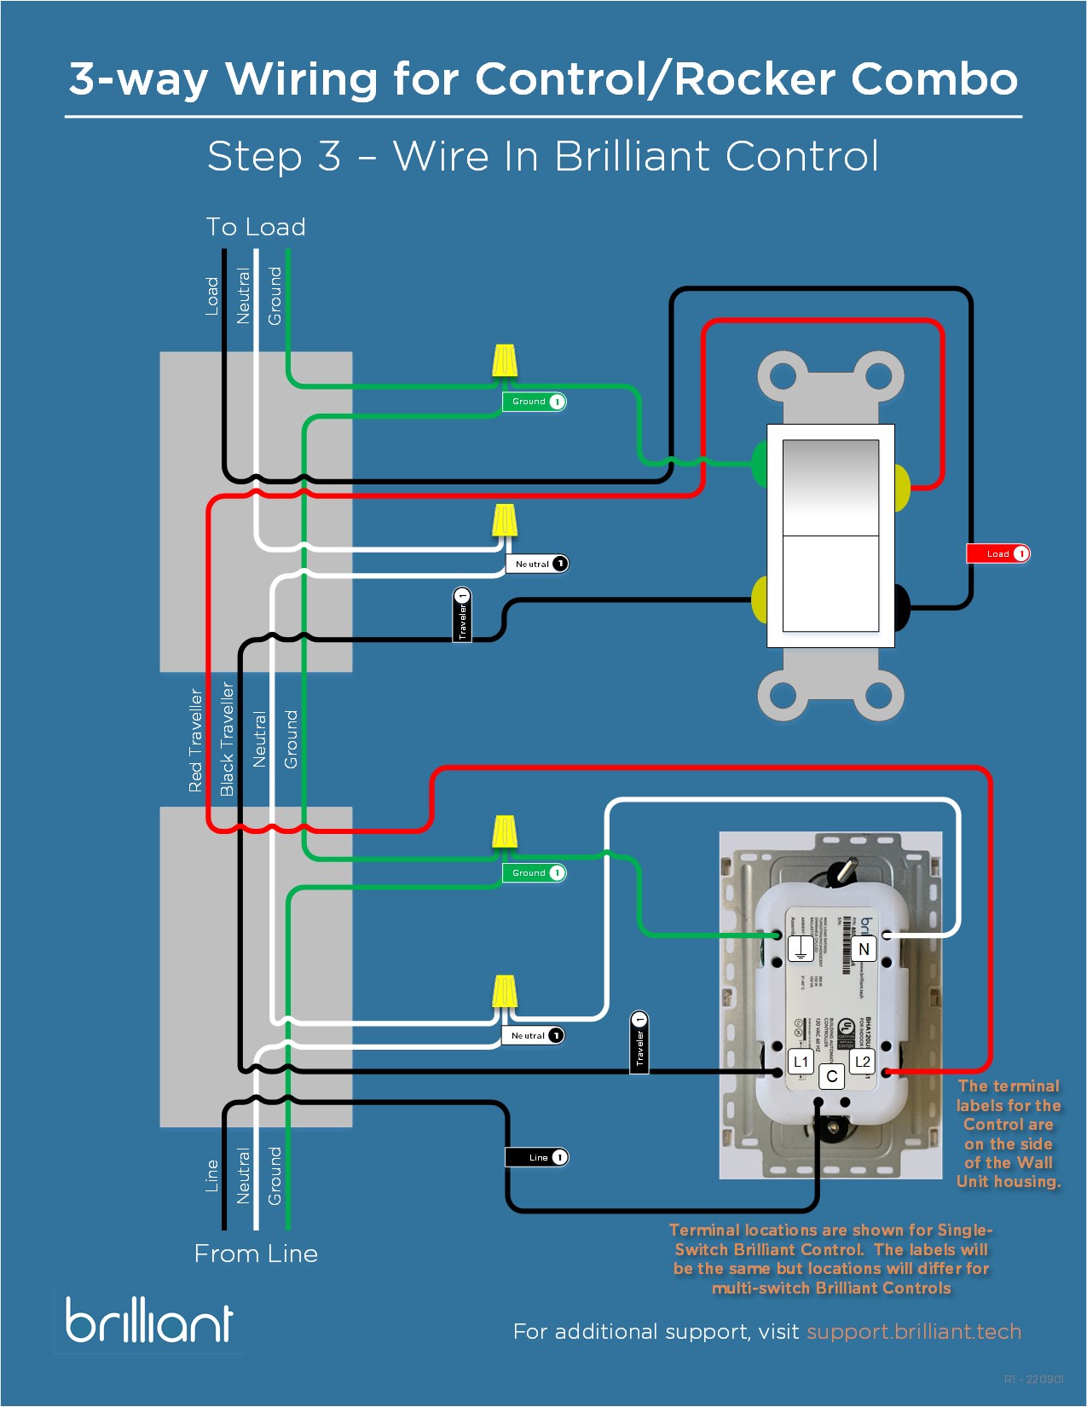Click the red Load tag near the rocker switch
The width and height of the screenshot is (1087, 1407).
997,553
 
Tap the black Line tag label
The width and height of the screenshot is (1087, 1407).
536,1157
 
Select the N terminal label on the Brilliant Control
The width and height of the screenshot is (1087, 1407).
864,949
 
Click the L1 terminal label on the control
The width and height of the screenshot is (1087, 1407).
801,1062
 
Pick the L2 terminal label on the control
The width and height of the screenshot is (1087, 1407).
863,1062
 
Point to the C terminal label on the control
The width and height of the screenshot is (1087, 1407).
832,1076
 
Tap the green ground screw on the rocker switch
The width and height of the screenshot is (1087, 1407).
759,463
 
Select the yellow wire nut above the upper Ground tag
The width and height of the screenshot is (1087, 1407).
505,362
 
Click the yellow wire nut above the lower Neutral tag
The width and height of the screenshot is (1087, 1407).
505,993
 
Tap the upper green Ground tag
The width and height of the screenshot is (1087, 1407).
534,402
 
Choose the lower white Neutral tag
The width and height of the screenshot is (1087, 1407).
532,1035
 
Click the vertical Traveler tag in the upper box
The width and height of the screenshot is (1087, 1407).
462,615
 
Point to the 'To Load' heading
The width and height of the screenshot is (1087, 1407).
256,227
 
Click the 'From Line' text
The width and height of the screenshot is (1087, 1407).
256,1254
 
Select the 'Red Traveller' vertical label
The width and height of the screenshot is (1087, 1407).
196,740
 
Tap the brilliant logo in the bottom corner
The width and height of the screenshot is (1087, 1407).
149,1320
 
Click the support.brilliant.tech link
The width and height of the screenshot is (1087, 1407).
913,1331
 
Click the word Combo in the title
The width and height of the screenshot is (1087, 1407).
934,79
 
